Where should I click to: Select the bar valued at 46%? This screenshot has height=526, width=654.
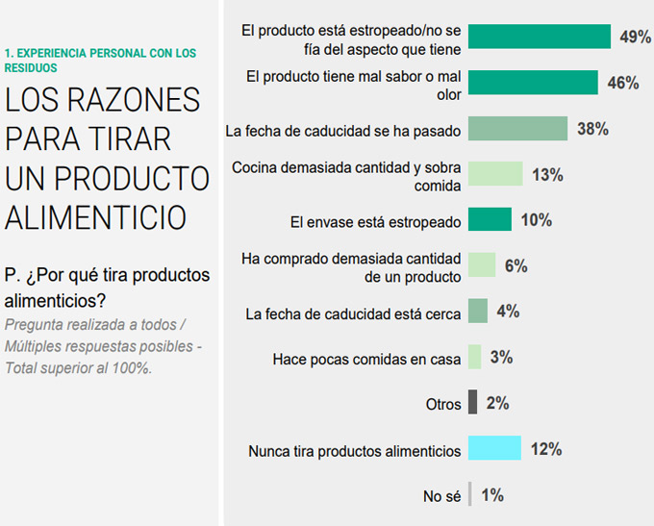[533, 83]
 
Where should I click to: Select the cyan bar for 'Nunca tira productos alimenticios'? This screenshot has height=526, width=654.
[494, 449]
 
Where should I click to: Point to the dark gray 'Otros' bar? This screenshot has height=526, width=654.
[472, 403]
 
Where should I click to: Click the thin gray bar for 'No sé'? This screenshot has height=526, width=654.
[469, 495]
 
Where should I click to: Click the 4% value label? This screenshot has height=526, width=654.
[509, 312]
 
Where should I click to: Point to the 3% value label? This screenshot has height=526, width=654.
[501, 358]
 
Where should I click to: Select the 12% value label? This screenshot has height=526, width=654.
[545, 449]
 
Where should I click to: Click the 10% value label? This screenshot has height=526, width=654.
[536, 220]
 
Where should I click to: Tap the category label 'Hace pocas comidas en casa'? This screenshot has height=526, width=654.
[366, 359]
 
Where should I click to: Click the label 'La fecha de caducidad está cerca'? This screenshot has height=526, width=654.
[353, 313]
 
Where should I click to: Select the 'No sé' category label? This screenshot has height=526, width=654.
[442, 496]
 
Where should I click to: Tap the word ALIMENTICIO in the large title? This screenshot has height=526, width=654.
[96, 217]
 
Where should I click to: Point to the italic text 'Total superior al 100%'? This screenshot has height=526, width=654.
[79, 367]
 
